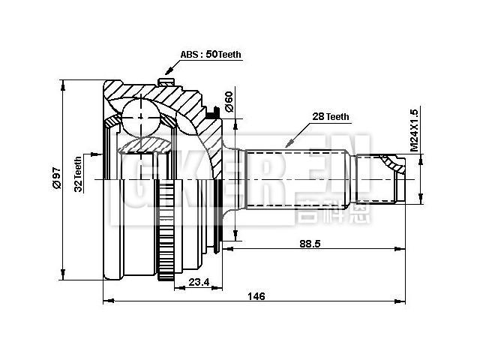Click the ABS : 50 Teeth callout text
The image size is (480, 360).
pyautogui.click(x=211, y=55)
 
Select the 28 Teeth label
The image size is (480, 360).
pyautogui.click(x=331, y=116)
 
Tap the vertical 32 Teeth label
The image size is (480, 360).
pyautogui.click(x=78, y=174)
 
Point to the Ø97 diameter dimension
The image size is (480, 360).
pyautogui.click(x=55, y=178)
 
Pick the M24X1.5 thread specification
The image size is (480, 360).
pyautogui.click(x=414, y=130)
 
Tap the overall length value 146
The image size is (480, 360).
pyautogui.click(x=256, y=296)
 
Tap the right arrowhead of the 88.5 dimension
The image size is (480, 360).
pyautogui.click(x=403, y=247)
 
